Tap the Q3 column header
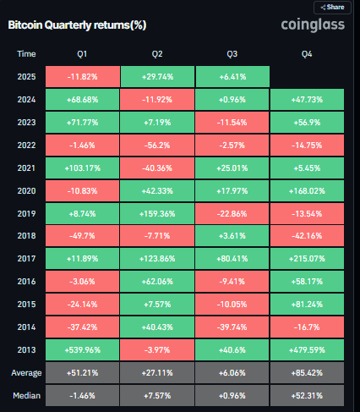232,53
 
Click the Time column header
26,53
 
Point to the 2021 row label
26,168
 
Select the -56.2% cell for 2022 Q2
157,146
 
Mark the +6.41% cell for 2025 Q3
232,76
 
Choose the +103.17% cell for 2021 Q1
83,168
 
